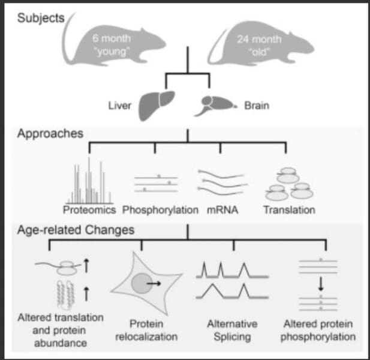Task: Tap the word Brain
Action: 257,106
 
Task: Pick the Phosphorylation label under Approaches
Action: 160,210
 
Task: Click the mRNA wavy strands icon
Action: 220,181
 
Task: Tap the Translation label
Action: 289,210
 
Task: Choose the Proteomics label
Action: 90,210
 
